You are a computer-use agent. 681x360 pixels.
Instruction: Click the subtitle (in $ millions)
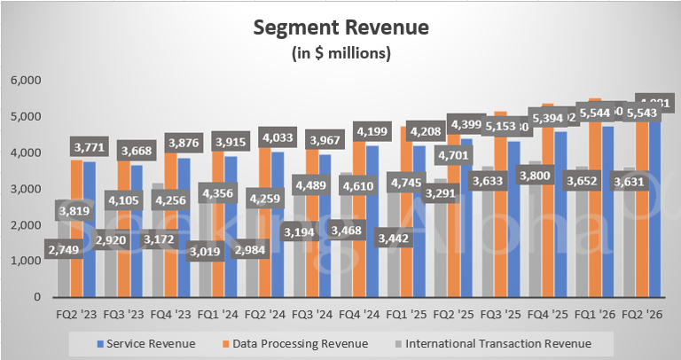[340, 53]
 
